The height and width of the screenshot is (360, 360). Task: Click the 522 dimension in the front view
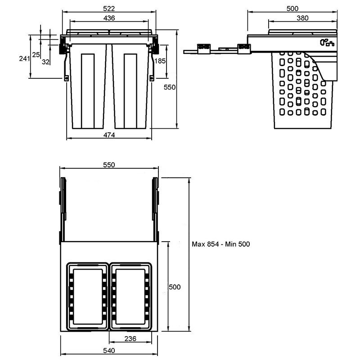pos(109,9)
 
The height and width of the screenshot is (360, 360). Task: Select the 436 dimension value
pos(109,18)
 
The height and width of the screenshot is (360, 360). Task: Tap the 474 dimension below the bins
pos(109,135)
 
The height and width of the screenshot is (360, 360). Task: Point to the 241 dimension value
pos(24,58)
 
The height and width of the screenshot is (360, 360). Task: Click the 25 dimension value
pos(36,54)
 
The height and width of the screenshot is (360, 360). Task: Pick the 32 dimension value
pos(45,62)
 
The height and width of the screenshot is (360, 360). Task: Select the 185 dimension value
pos(160,61)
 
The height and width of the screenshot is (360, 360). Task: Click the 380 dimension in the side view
pos(302,18)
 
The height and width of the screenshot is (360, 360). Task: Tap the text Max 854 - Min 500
pos(221,244)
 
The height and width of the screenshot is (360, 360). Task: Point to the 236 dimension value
pos(130,339)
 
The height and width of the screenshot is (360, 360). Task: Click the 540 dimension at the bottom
pos(109,351)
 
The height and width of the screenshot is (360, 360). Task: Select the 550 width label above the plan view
pos(109,165)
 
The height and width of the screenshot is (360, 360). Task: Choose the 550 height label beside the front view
pos(170,87)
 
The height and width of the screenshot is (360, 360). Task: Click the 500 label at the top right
pos(292,9)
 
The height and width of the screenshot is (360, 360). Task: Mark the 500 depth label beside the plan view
pos(175,287)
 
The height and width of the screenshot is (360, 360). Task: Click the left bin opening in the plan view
pos(88,297)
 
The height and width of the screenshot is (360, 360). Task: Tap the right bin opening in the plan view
pos(130,297)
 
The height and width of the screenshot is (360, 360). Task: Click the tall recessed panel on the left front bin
pos(88,91)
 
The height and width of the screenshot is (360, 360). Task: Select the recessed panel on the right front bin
pos(130,91)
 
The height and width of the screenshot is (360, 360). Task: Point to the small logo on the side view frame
pos(327,42)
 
